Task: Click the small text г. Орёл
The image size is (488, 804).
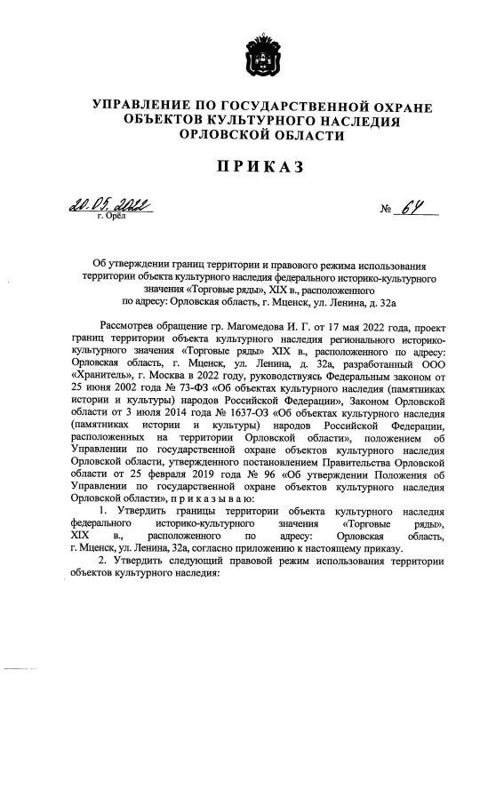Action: [112, 216]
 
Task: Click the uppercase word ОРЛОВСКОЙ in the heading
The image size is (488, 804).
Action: [221, 134]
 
